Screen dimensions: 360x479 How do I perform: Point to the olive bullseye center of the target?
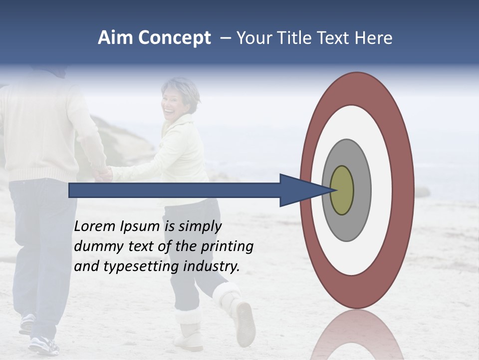(x=342, y=190)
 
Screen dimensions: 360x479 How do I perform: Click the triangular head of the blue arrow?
(x=299, y=190)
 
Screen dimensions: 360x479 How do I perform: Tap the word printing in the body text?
(x=227, y=246)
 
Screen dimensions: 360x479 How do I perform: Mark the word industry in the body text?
(x=212, y=266)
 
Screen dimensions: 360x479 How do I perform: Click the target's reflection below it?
(x=356, y=335)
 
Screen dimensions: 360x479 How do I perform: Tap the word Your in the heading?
(x=253, y=37)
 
